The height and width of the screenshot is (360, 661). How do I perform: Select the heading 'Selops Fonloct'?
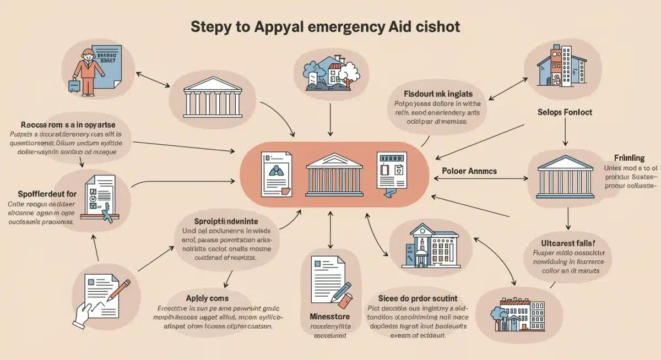click(x=565, y=112)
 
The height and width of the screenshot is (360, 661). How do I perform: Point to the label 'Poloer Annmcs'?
click(x=469, y=171)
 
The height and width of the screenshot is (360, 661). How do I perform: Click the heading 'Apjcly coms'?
click(x=207, y=298)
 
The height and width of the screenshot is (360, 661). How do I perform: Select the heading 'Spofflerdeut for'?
click(x=39, y=194)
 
